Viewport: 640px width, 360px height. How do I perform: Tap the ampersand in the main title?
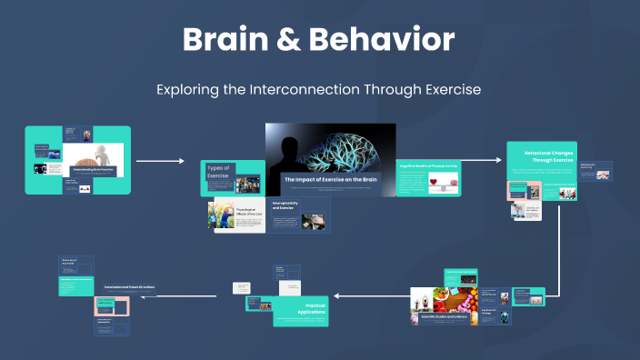[296, 40]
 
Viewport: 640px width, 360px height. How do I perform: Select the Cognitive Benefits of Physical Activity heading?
[428, 166]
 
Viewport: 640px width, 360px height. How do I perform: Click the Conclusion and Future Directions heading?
[129, 287]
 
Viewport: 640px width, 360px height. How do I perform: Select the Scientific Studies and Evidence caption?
[443, 316]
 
